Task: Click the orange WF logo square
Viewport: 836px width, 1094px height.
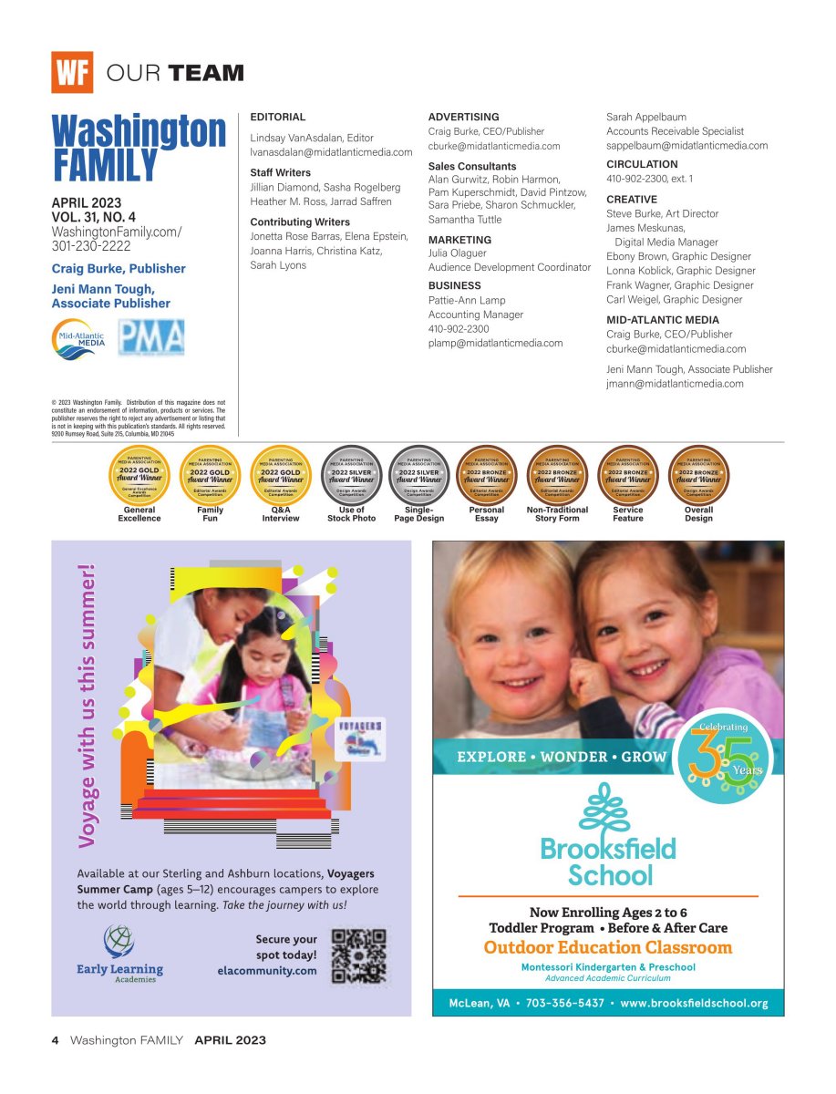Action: (72, 72)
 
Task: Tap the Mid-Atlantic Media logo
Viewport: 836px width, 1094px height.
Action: (78, 338)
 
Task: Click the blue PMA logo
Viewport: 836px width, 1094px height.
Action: (152, 338)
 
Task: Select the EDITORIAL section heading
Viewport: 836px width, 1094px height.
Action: (278, 118)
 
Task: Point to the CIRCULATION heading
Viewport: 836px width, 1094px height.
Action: (642, 164)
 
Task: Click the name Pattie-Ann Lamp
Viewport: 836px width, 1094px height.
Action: (467, 300)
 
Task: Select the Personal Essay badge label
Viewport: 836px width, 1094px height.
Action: (486, 514)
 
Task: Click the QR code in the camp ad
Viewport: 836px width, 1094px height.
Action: (358, 956)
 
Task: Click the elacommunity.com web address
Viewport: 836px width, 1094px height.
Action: (267, 971)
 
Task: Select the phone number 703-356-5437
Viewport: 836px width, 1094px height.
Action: (565, 1004)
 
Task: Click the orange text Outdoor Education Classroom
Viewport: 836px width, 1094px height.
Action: (608, 948)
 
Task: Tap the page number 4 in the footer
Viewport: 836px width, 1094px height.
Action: (55, 1040)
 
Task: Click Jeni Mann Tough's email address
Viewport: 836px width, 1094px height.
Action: (675, 384)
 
